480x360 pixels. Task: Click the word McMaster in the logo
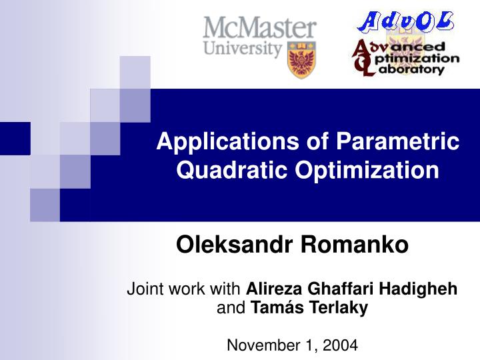coord(260,29)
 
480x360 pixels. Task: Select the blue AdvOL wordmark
coord(406,23)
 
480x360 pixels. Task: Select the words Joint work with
coord(185,289)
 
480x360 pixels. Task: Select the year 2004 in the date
coord(340,345)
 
